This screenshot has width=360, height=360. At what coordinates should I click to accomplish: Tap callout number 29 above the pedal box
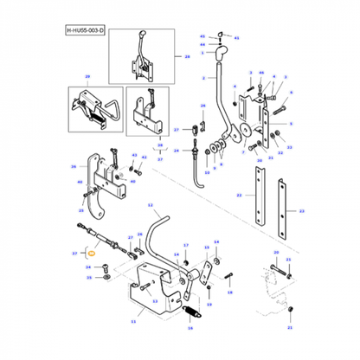click(x=86, y=78)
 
